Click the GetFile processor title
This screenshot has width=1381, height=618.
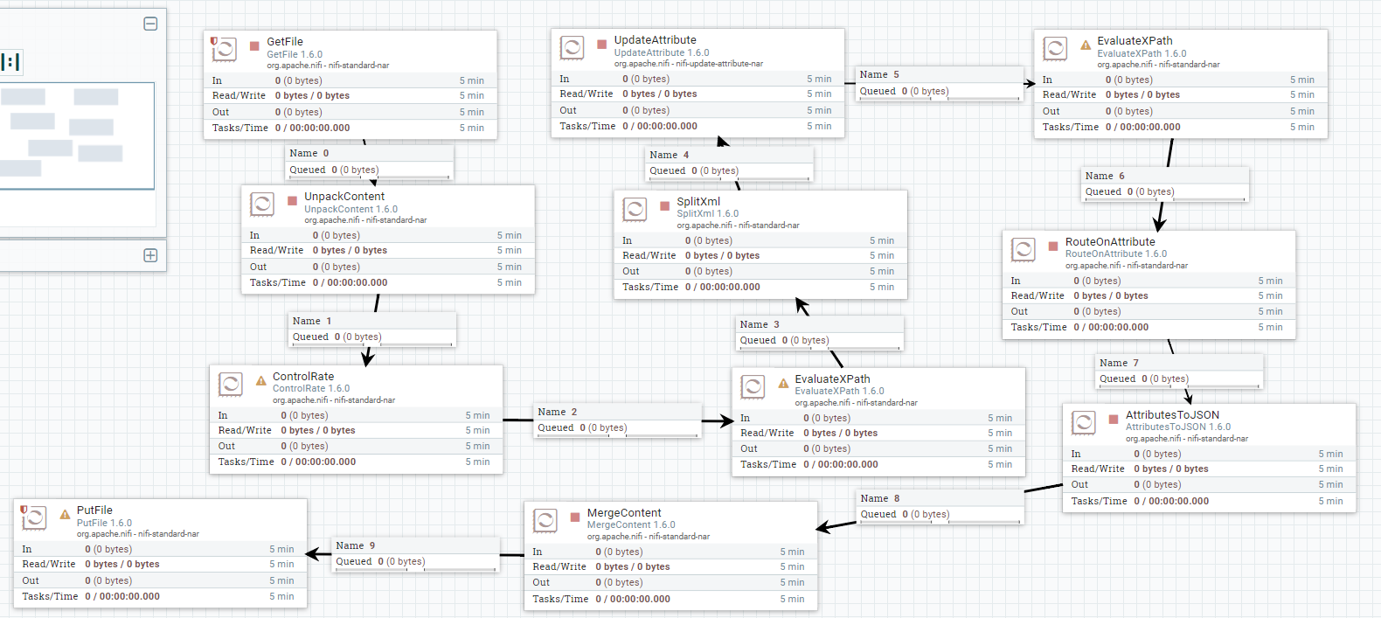(285, 42)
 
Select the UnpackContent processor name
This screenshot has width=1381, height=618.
(344, 197)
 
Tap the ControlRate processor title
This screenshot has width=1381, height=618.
(303, 377)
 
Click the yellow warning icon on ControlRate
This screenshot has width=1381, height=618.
(260, 381)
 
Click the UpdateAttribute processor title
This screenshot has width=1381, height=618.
(655, 40)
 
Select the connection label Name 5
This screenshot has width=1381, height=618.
(879, 75)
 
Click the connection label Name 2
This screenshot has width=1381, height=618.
(558, 412)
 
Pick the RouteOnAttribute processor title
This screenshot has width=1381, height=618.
(1110, 242)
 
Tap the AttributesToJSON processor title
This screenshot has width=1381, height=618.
(1172, 415)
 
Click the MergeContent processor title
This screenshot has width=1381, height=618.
(624, 513)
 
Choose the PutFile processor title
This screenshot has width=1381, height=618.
(94, 510)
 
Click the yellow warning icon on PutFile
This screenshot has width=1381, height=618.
(65, 515)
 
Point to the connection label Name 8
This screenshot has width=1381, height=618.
(880, 498)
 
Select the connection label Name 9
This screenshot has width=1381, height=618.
(356, 545)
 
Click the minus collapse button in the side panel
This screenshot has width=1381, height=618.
(150, 24)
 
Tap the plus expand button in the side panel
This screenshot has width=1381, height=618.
(150, 255)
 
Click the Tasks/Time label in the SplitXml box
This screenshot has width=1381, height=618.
(650, 287)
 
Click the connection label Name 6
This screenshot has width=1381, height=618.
(1105, 176)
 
